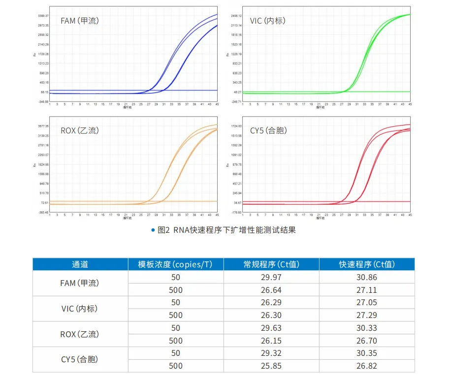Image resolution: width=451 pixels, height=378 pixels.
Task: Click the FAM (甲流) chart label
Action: coord(80,21)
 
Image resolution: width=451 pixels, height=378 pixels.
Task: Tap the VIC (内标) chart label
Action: coord(267,21)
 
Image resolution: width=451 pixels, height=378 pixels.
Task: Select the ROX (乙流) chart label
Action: coord(80,130)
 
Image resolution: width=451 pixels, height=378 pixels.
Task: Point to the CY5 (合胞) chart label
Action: coord(268,130)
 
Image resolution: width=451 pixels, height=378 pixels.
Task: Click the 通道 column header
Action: coord(80,264)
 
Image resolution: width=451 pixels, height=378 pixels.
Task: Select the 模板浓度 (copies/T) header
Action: coord(175,264)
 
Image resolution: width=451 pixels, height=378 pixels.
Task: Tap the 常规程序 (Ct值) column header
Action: coord(271,264)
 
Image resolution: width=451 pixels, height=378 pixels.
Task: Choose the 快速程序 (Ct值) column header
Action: coord(367,264)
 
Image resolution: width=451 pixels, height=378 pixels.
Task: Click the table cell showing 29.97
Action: coord(271,277)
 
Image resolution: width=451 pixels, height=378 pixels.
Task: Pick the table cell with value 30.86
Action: coord(367,277)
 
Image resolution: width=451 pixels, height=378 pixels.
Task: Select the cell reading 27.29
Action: coord(367,315)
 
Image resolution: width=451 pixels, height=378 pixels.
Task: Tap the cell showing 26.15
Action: coord(271,341)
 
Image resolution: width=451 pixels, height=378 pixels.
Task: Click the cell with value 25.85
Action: coord(271,366)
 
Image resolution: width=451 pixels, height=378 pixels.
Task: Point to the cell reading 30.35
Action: coord(367,353)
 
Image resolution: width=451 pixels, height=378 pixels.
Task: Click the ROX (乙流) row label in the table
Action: coord(80,334)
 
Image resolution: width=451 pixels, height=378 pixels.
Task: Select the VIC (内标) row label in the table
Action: coord(80,309)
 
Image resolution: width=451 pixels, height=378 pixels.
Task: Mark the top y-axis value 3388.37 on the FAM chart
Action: coord(43,16)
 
